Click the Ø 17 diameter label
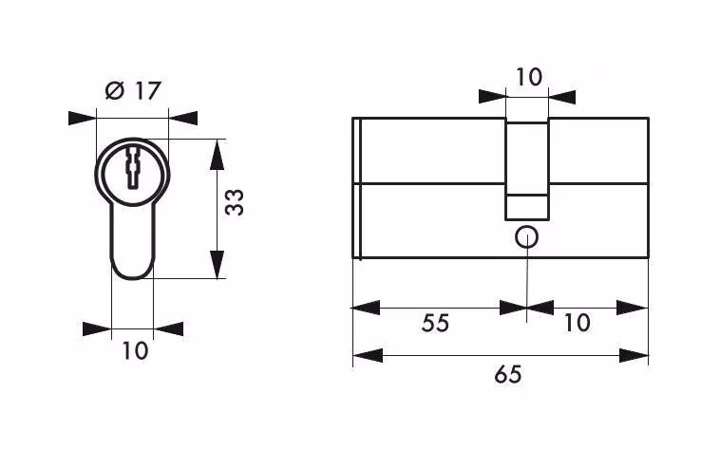[x=133, y=91]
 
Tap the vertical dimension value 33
[x=235, y=202]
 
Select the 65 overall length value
[x=508, y=375]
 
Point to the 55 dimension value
[x=435, y=324]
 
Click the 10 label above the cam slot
[x=529, y=77]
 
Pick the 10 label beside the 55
[x=577, y=324]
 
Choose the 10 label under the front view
[x=135, y=351]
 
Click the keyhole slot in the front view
[x=132, y=167]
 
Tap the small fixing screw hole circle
[x=526, y=237]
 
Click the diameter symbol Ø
[x=115, y=91]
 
